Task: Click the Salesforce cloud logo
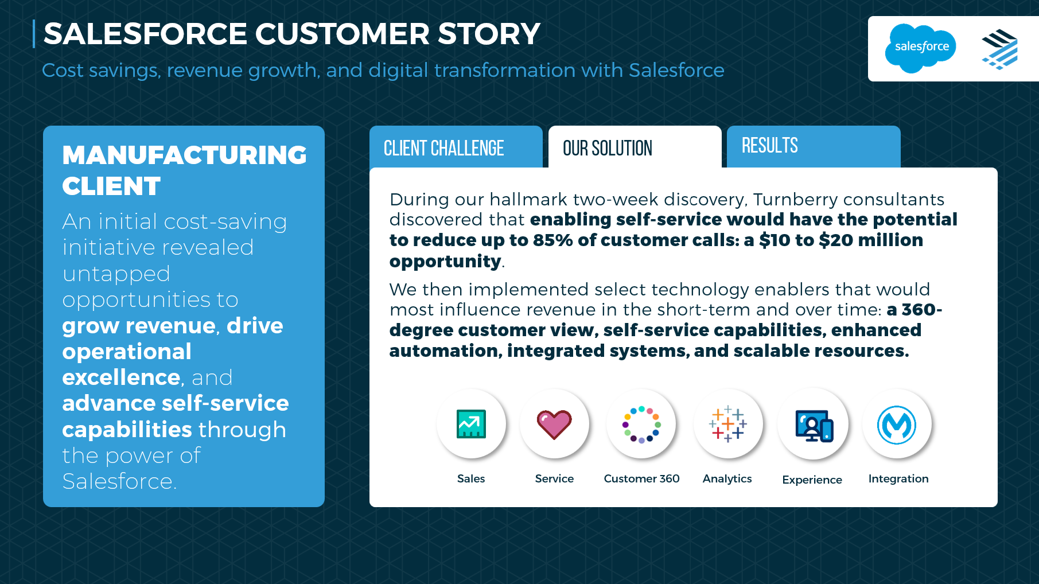tap(920, 48)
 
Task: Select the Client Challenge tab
tap(456, 147)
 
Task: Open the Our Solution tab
tap(635, 147)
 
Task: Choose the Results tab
tap(814, 147)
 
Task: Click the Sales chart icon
tap(471, 424)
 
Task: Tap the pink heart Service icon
tap(554, 425)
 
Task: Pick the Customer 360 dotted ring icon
tap(641, 425)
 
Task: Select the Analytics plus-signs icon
tap(727, 424)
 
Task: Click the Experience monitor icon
tap(814, 426)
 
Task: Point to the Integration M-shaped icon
tap(897, 425)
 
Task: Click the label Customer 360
tap(641, 478)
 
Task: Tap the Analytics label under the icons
tap(727, 479)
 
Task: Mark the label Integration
tap(898, 479)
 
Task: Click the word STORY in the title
tap(489, 34)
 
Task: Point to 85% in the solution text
tap(553, 240)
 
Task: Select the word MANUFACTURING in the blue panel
tap(184, 155)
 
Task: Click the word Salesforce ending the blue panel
tap(118, 481)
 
